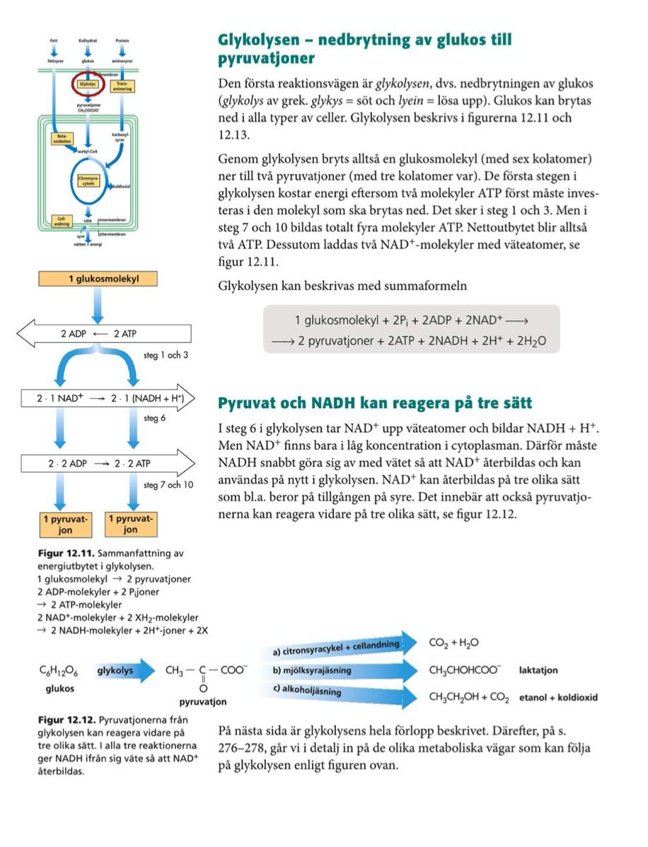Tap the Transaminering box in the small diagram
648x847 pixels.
coord(122,86)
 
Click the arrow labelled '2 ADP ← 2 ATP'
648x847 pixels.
coord(103,333)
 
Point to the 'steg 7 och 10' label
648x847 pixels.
coord(168,485)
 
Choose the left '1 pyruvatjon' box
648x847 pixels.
coord(65,524)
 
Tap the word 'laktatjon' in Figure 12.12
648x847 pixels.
coord(538,670)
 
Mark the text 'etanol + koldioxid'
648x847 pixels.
coord(558,697)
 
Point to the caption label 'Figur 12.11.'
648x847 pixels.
coord(60,554)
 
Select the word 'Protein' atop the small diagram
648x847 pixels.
coord(122,42)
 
